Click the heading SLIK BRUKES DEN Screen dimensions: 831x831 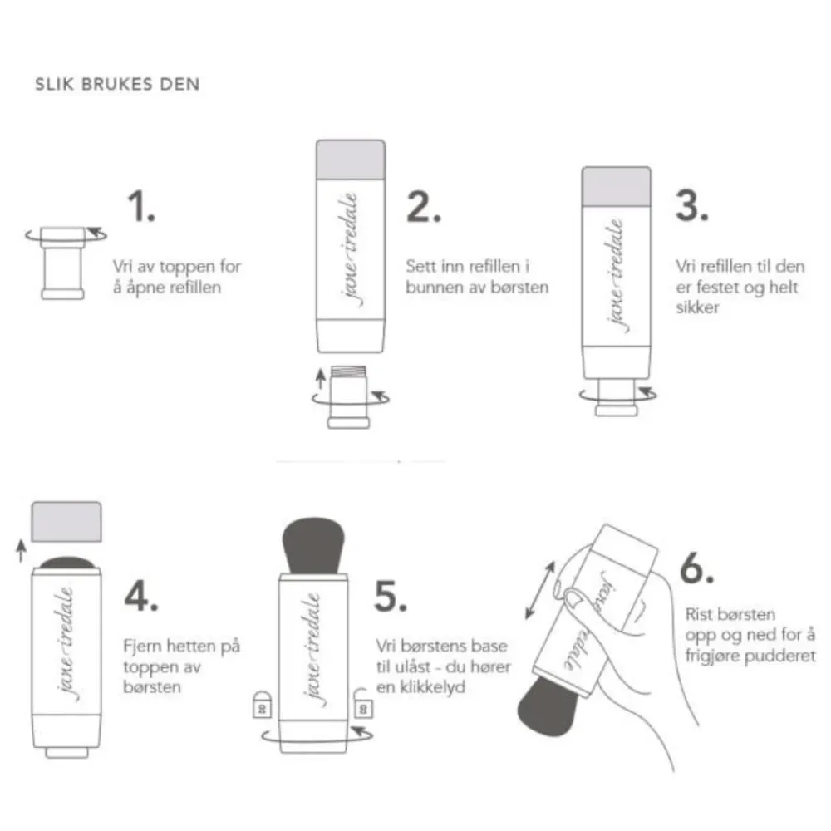click(116, 84)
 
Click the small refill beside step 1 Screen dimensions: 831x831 click(63, 262)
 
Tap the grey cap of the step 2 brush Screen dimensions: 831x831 click(352, 160)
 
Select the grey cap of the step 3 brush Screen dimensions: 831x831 click(615, 187)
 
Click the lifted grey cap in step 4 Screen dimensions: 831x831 click(66, 521)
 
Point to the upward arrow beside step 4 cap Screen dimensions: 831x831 click(21, 549)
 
